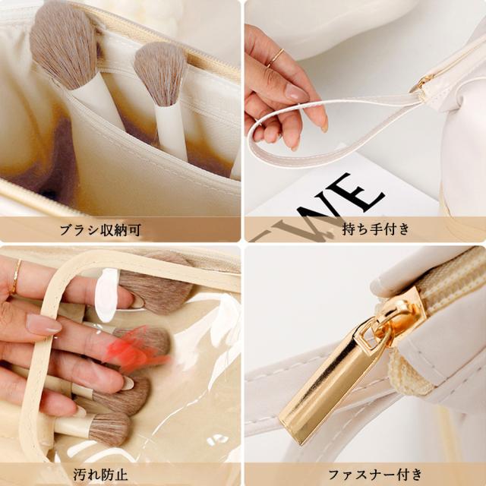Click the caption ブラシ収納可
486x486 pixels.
point(121,229)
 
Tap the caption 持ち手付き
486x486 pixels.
point(365,229)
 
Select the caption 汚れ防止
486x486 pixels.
point(121,475)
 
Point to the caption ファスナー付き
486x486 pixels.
point(365,475)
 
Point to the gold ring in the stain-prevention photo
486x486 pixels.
point(15,276)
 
